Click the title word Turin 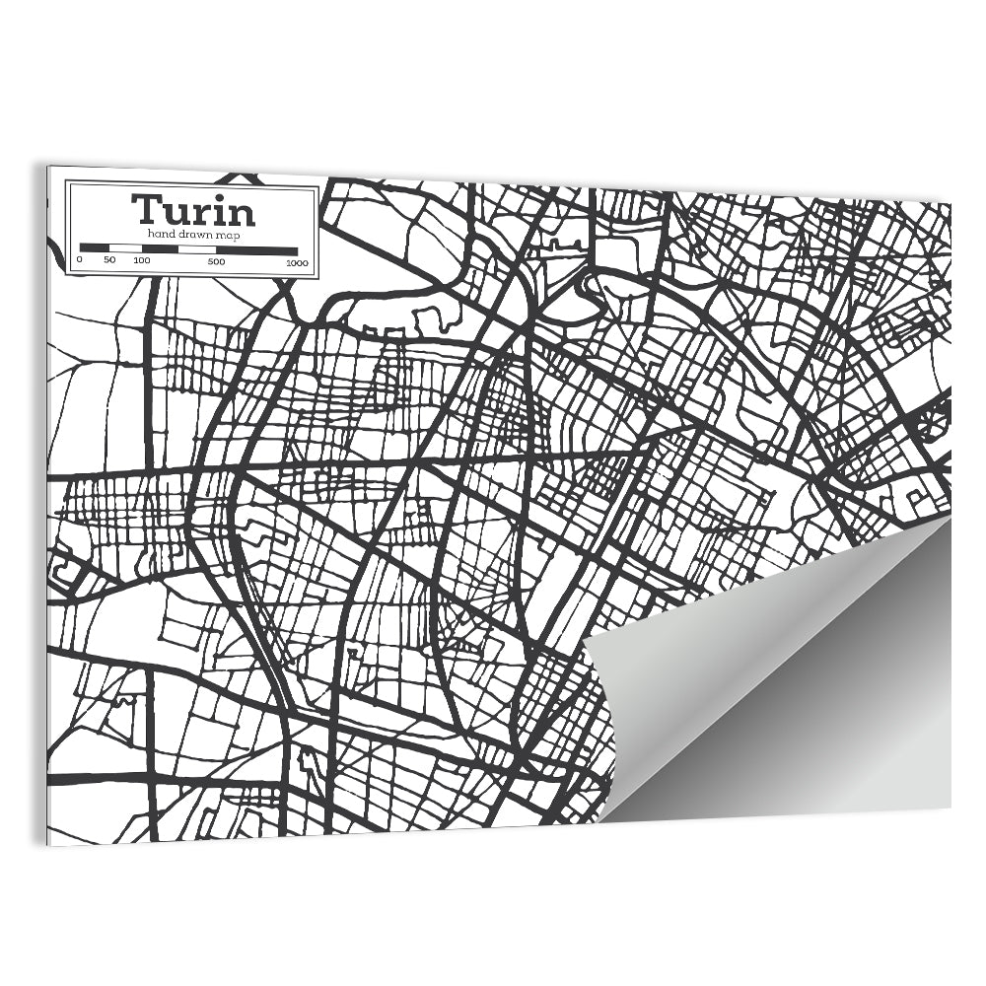coord(193,210)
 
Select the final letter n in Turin coord(242,213)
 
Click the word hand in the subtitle coord(161,234)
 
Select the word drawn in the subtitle coord(192,234)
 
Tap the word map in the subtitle coord(228,235)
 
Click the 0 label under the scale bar coord(80,261)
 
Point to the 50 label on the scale coord(109,261)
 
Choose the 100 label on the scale coord(141,261)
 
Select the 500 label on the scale coord(216,261)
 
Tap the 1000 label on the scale coord(297,261)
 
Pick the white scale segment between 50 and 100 coord(124,248)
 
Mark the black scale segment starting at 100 coord(159,248)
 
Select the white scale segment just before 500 coord(196,248)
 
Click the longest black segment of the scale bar coord(256,248)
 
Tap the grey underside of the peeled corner coord(789,690)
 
